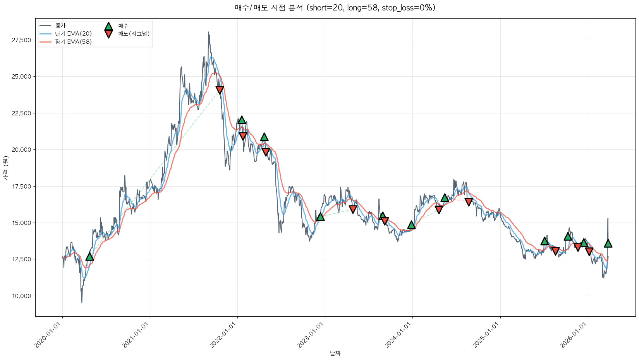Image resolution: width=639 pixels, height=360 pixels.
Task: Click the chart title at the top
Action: tap(335, 8)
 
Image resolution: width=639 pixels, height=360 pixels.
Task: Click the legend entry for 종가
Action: tap(60, 26)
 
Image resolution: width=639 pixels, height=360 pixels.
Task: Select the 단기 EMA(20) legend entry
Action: tap(73, 34)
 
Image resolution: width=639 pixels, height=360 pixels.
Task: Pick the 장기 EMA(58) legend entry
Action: tap(73, 42)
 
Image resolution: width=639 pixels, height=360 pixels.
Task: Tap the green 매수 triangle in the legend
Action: tap(108, 26)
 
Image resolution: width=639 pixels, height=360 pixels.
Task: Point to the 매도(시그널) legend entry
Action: tap(134, 34)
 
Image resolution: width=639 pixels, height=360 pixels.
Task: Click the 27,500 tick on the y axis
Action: tap(21, 40)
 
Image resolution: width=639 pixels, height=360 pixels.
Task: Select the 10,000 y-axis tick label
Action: tap(21, 296)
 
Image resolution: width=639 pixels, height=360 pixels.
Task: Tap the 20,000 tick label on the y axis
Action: tap(21, 150)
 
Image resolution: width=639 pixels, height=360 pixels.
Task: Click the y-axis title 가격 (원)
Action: tap(5, 168)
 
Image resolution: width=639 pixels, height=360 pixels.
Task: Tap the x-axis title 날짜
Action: tap(335, 353)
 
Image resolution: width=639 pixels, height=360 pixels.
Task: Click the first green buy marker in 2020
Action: tap(89, 256)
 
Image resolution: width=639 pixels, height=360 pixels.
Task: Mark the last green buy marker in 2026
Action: tap(608, 243)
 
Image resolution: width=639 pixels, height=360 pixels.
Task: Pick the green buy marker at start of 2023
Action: tap(320, 216)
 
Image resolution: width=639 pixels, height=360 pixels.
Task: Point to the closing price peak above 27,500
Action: tap(208, 32)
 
